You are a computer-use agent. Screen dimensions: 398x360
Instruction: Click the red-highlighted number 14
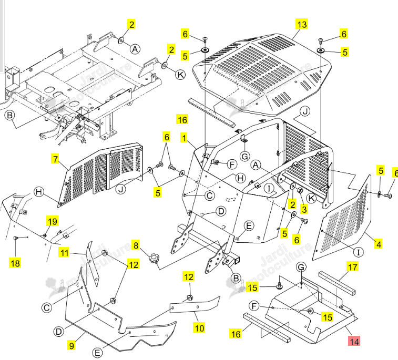click(354, 341)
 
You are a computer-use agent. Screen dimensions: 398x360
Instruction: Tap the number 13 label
click(302, 24)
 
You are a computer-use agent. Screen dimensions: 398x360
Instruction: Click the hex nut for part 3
click(300, 190)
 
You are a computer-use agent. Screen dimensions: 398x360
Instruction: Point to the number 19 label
click(52, 221)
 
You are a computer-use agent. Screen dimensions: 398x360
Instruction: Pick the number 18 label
click(15, 263)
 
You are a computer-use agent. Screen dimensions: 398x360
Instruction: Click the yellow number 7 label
click(55, 159)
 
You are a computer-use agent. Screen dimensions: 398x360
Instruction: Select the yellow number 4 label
click(379, 244)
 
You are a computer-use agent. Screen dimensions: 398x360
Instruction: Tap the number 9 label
click(72, 345)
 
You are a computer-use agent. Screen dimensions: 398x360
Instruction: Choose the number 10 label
click(199, 328)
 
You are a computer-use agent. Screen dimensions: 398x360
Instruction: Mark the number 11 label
click(64, 253)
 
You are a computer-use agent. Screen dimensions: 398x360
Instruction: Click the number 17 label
click(353, 267)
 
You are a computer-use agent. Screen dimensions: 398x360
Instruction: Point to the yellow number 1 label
click(184, 138)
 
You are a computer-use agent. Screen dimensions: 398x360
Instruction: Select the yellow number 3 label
click(304, 209)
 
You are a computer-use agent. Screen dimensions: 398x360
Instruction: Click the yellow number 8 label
click(136, 245)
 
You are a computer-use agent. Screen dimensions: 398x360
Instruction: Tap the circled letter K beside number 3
click(311, 198)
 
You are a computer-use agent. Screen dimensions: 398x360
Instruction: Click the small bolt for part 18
click(15, 238)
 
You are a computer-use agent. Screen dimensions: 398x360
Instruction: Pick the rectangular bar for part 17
click(337, 283)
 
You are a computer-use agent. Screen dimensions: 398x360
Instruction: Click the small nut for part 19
click(45, 235)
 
